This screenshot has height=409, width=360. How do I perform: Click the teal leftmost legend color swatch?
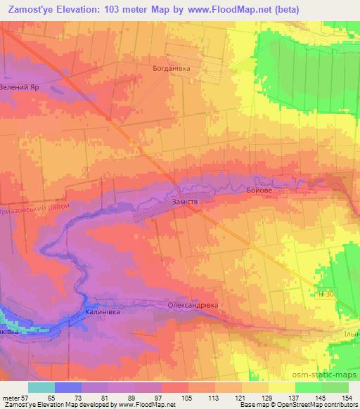[41, 388]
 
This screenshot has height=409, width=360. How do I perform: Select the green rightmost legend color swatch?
[335, 388]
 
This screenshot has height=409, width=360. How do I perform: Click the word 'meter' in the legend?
[11, 398]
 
